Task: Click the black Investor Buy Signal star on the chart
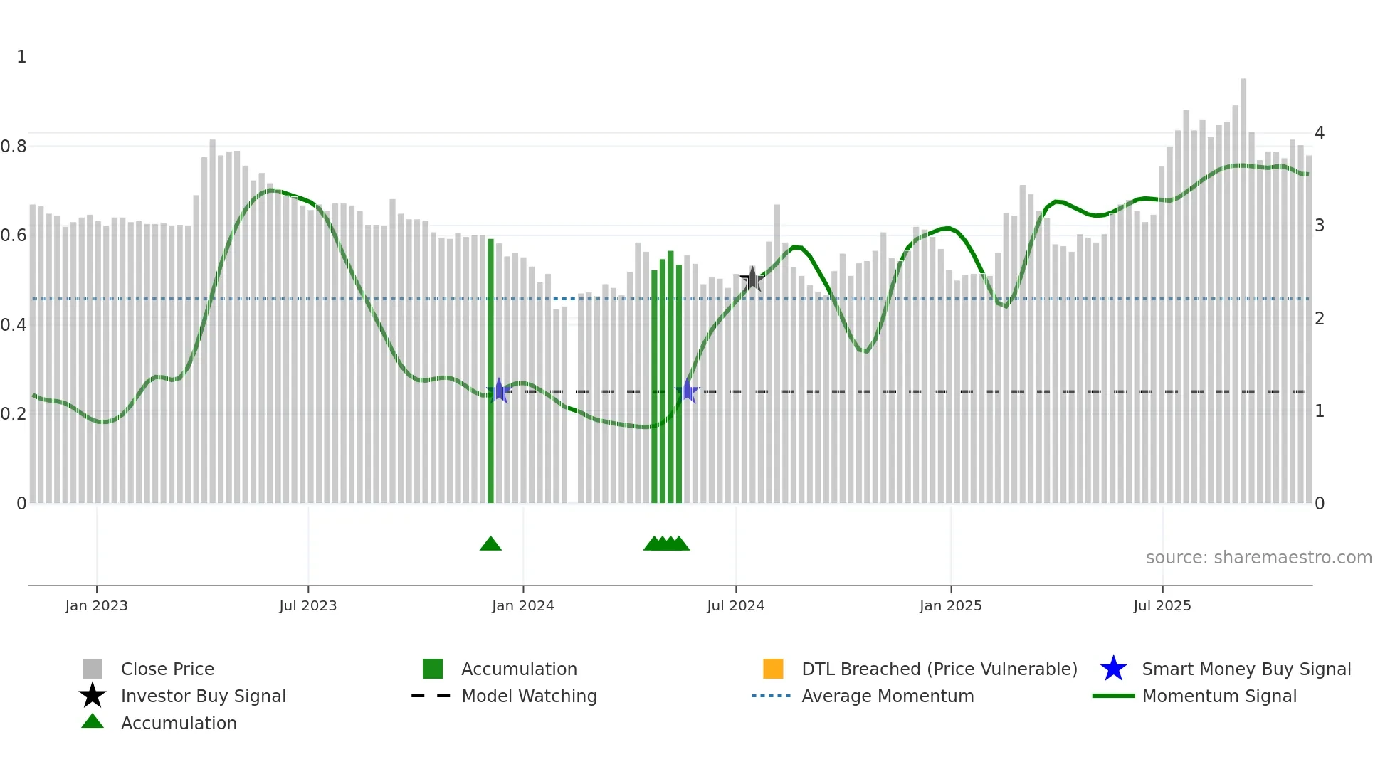(752, 280)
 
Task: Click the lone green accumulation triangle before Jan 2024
(490, 544)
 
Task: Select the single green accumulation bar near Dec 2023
(490, 370)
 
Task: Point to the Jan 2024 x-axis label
(522, 606)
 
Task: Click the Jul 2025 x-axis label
(1162, 606)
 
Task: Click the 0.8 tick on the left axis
(14, 147)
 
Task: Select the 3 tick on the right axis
(1320, 226)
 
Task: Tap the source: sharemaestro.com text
(1258, 558)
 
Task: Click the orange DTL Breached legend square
(773, 669)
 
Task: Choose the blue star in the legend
(1113, 669)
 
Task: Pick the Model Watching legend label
(529, 696)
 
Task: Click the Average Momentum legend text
(888, 696)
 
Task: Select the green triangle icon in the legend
(93, 722)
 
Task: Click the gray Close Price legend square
(93, 669)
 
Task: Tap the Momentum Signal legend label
(1219, 696)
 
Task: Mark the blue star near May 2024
(688, 391)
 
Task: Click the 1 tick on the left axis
(21, 57)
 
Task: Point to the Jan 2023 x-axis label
(96, 606)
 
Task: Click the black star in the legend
(93, 696)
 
